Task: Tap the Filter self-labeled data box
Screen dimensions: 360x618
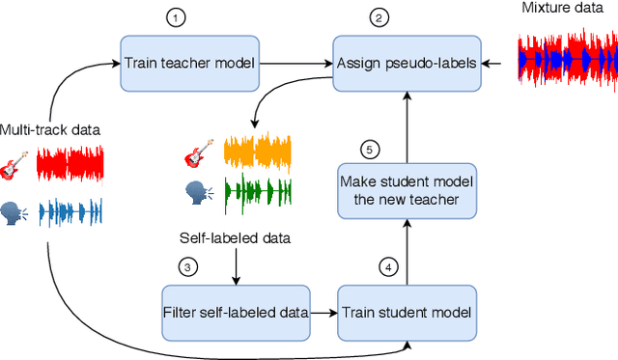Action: click(x=236, y=312)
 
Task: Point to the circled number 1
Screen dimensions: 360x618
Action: click(x=175, y=17)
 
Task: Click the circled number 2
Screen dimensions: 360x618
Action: click(x=379, y=17)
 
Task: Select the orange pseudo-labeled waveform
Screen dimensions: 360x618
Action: click(x=258, y=152)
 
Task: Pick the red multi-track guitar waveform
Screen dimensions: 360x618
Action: click(x=70, y=165)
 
